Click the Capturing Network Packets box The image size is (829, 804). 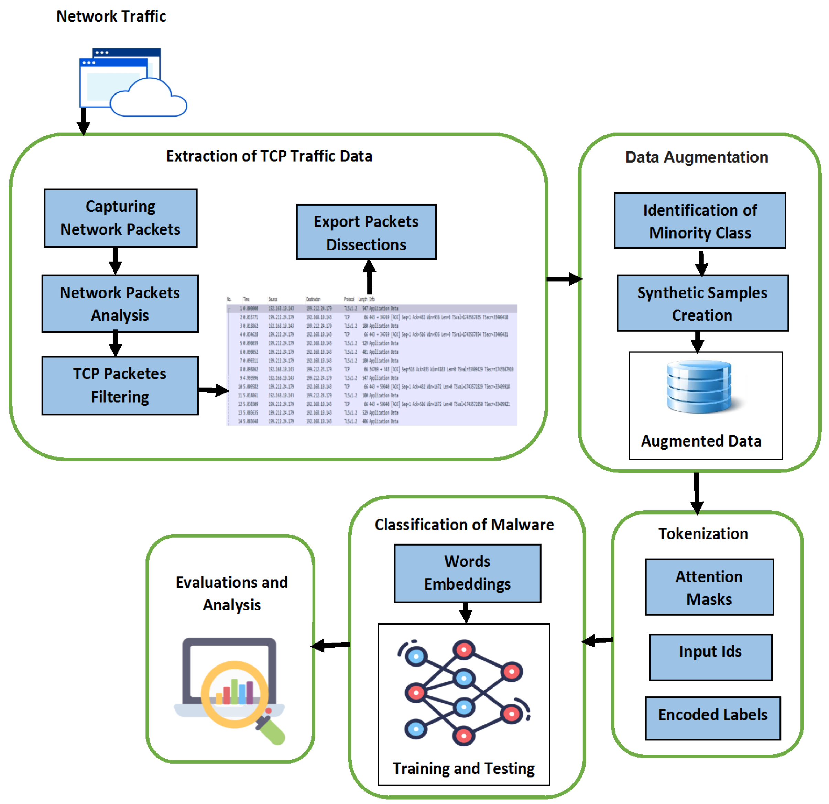click(x=121, y=218)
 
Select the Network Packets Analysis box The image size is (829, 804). click(x=120, y=304)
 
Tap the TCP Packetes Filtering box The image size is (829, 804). click(x=120, y=385)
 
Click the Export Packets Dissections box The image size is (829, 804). click(x=366, y=232)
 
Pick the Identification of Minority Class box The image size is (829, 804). click(x=700, y=221)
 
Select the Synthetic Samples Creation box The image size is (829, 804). click(x=702, y=303)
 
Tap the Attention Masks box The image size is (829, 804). click(x=709, y=587)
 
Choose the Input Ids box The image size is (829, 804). click(x=711, y=657)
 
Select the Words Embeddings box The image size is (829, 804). click(x=467, y=573)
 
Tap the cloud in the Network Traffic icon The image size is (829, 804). click(x=148, y=100)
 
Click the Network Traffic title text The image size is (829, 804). click(x=111, y=16)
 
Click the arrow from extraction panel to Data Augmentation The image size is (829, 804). click(x=564, y=279)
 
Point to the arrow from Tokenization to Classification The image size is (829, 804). click(x=597, y=641)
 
